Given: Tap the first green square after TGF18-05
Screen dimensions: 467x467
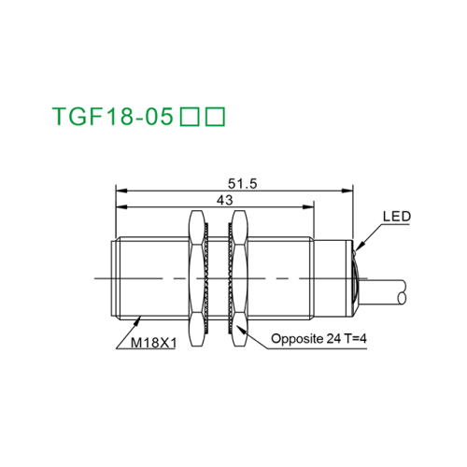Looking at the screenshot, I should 189,118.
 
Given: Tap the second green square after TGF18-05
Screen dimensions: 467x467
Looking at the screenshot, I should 216,118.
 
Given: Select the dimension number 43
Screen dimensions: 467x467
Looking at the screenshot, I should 224,201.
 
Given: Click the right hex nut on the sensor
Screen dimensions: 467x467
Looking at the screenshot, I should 238,277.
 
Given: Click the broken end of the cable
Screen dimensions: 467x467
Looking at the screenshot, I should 404,297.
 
